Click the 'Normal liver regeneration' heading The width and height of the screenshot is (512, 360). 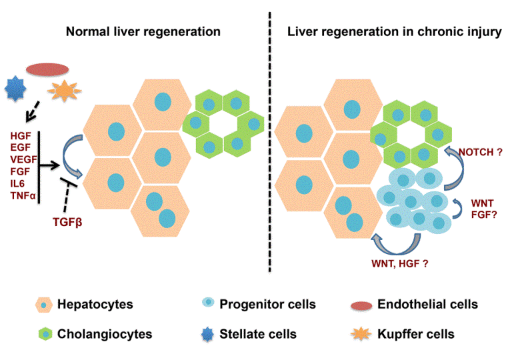pyautogui.click(x=143, y=31)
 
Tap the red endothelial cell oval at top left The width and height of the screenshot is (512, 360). pyautogui.click(x=47, y=69)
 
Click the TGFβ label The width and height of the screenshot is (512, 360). pyautogui.click(x=69, y=222)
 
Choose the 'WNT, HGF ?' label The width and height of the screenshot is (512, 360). pyautogui.click(x=399, y=264)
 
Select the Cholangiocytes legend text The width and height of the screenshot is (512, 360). pyautogui.click(x=95, y=333)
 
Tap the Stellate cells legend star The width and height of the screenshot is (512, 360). pyautogui.click(x=207, y=333)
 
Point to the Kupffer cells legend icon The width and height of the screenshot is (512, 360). pyautogui.click(x=361, y=333)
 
